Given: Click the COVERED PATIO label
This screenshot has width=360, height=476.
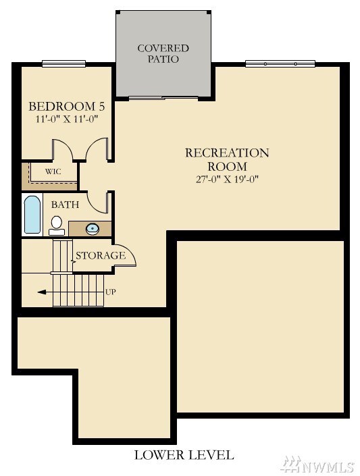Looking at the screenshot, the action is tap(163, 53).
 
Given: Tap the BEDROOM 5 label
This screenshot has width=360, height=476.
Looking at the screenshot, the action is tap(67, 106).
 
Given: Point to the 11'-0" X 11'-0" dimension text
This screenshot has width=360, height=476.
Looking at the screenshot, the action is tap(67, 119).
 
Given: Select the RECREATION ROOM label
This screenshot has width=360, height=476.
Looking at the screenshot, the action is tap(227, 159).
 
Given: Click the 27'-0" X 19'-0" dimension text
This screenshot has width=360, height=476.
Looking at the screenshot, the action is tap(227, 179).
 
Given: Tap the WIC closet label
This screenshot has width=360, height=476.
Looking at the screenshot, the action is tap(53, 171).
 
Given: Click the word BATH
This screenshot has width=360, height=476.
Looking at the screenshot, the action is tap(65, 205).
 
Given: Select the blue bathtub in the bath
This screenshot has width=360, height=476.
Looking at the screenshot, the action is tap(32, 215).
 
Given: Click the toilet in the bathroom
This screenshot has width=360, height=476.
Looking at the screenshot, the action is tap(57, 226).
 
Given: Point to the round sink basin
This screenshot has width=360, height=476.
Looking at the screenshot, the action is tap(93, 229).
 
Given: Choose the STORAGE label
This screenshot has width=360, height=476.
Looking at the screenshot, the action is tap(101, 256).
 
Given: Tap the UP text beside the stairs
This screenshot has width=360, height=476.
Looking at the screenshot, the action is tap(111, 292).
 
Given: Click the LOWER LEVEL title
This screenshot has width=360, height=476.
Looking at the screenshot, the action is tap(184, 455).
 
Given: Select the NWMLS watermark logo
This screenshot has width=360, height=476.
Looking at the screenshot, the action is tap(318, 465).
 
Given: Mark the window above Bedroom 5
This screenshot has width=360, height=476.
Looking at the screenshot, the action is tap(63, 63).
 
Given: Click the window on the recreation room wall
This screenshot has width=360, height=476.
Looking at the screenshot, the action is tap(280, 63).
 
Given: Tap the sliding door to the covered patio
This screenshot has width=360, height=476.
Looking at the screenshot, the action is tap(163, 98).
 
